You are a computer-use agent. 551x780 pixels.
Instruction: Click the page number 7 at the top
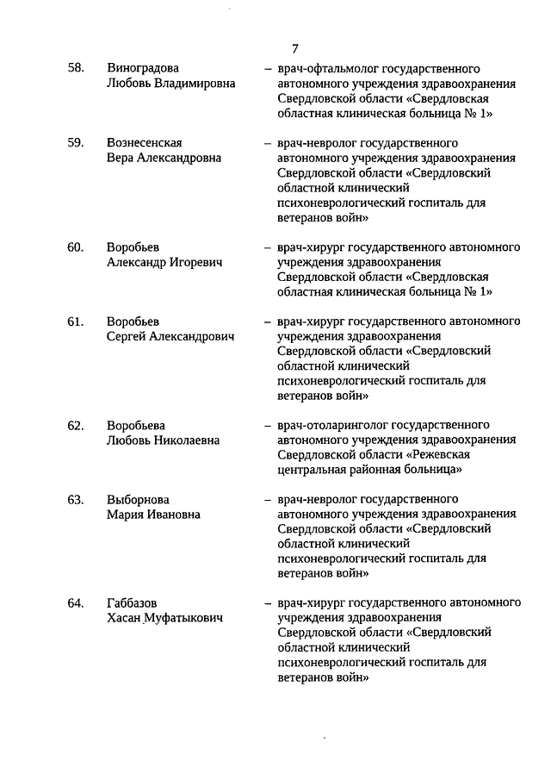point(295,48)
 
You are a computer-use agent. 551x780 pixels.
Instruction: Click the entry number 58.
point(76,68)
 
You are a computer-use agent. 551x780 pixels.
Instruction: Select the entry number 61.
point(76,321)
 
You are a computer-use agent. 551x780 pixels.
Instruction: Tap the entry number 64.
point(76,602)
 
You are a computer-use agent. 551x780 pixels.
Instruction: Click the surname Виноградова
point(144,68)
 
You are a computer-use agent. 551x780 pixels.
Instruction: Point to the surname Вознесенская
point(145,143)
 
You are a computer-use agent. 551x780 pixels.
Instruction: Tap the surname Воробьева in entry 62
point(136,425)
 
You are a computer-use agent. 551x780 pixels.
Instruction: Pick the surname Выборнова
point(139,500)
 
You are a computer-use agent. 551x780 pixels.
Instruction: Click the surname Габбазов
point(133,602)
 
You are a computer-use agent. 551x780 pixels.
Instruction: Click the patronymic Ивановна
point(172,515)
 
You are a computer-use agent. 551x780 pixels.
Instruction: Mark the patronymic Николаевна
point(186,440)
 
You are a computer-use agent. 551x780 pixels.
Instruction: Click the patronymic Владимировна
point(194,84)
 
